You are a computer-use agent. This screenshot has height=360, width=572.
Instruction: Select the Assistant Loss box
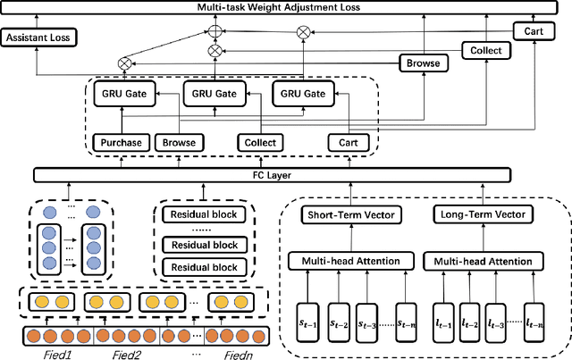(37, 38)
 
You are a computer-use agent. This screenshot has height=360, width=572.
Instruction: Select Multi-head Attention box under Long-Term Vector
(483, 261)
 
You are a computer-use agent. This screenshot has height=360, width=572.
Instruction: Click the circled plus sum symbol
(214, 31)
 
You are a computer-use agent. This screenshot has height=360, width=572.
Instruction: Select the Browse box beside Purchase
(178, 142)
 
